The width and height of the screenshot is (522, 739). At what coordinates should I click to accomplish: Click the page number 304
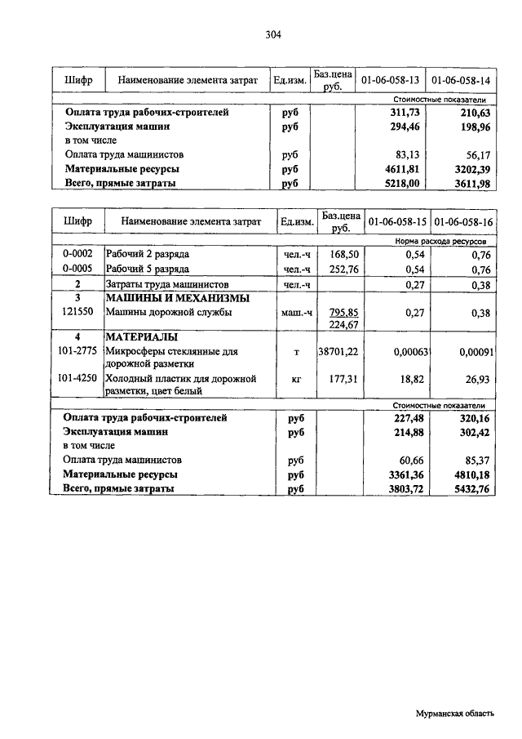tap(273, 34)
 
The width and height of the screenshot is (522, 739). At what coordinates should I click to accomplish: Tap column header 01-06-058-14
tap(461, 81)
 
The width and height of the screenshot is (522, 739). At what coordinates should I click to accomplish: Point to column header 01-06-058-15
tap(396, 221)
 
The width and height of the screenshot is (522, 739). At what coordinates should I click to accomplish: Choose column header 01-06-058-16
tap(463, 221)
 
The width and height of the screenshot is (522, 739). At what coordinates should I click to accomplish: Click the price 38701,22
tap(338, 350)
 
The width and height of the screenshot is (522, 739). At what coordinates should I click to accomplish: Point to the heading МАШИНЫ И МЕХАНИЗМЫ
tap(166, 299)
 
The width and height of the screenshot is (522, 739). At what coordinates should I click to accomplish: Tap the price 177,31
tap(343, 379)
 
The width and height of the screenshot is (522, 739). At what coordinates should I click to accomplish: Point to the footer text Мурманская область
tap(455, 713)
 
